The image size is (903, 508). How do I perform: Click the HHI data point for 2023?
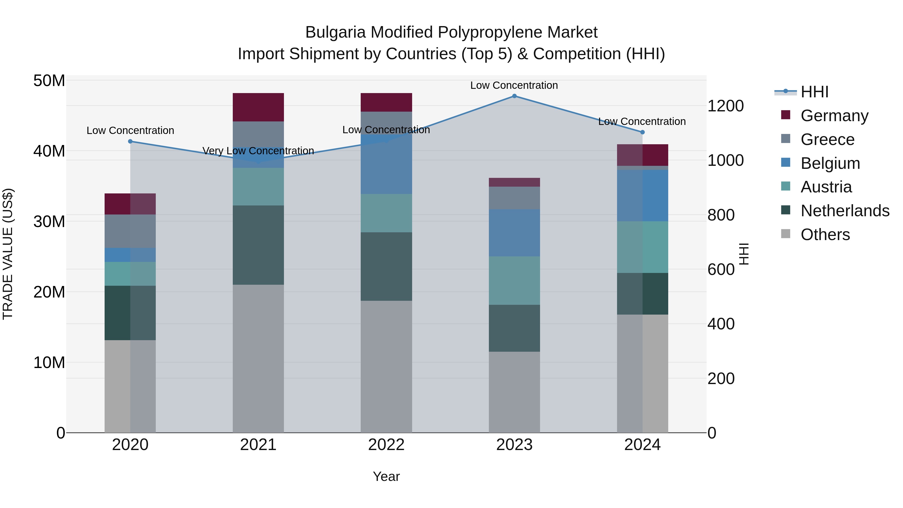pyautogui.click(x=514, y=96)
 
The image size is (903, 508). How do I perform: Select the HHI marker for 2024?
pyautogui.click(x=642, y=132)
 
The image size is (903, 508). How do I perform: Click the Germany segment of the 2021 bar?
pyautogui.click(x=258, y=107)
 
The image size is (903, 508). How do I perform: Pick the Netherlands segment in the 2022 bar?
pyautogui.click(x=386, y=266)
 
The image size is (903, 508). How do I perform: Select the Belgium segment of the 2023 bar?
pyautogui.click(x=514, y=233)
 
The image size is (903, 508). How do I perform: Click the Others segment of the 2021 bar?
pyautogui.click(x=258, y=358)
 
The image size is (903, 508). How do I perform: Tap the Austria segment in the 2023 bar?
pyautogui.click(x=514, y=280)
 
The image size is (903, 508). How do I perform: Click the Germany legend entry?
pyautogui.click(x=834, y=116)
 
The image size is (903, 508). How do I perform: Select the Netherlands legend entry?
pyautogui.click(x=845, y=211)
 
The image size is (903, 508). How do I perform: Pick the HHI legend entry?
pyautogui.click(x=814, y=92)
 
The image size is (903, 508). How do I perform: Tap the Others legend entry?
pyautogui.click(x=825, y=235)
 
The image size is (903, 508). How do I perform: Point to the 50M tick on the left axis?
pyautogui.click(x=49, y=81)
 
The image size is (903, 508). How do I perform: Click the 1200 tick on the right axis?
pyautogui.click(x=725, y=106)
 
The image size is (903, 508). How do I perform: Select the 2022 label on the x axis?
pyautogui.click(x=386, y=445)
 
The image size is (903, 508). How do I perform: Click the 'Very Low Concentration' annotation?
pyautogui.click(x=258, y=151)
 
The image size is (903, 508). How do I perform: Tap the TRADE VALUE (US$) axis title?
pyautogui.click(x=8, y=254)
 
